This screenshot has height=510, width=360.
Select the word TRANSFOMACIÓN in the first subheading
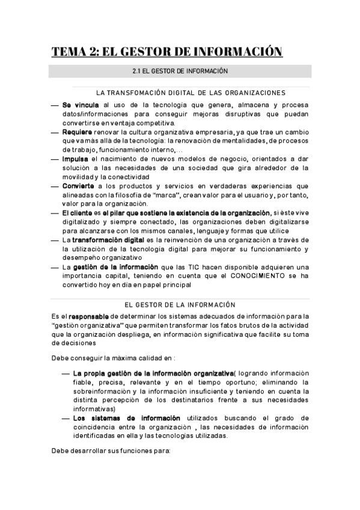click(x=139, y=93)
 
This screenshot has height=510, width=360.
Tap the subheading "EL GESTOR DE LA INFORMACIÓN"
click(x=180, y=304)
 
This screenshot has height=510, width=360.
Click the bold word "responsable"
click(x=88, y=316)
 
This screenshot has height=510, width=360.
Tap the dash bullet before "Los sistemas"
click(x=66, y=418)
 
